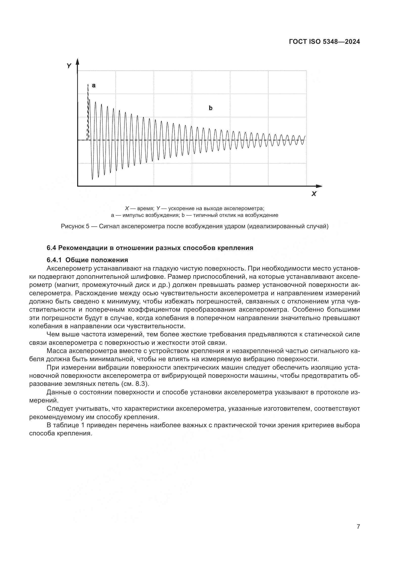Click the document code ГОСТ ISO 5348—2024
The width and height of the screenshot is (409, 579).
click(324, 42)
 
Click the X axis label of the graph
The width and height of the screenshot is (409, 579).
click(314, 194)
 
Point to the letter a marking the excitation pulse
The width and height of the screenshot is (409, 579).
click(94, 85)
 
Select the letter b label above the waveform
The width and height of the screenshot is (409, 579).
click(210, 108)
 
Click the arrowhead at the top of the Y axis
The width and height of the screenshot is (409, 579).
click(78, 61)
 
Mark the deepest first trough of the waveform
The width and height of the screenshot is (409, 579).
click(92, 178)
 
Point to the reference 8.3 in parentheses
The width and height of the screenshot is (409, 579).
click(141, 384)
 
